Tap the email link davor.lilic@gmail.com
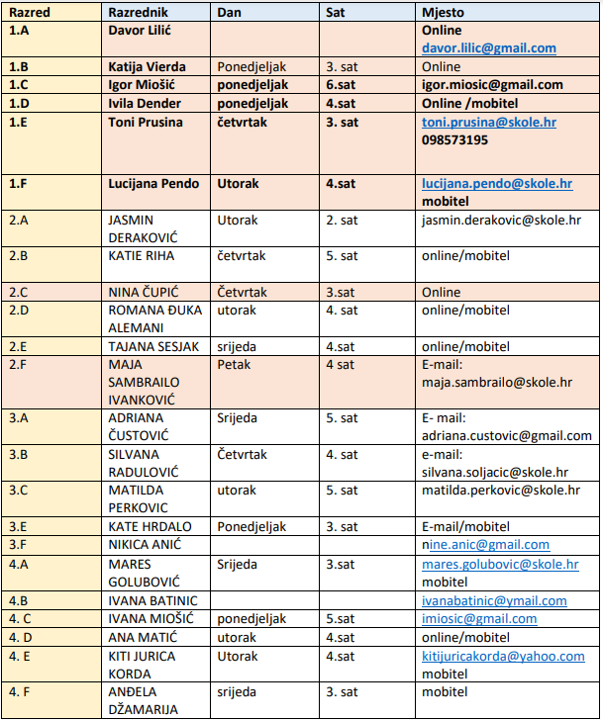tap(488, 47)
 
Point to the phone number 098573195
tap(454, 139)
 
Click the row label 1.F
tap(20, 183)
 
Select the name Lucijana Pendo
tap(153, 183)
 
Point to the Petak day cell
tap(235, 364)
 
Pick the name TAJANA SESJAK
tap(153, 346)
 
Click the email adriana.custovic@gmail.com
tap(506, 435)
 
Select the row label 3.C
tap(20, 490)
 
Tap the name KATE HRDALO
tap(150, 526)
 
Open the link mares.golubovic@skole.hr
tap(500, 564)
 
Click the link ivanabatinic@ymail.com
tap(494, 600)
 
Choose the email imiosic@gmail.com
tap(479, 618)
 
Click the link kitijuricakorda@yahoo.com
tap(503, 656)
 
